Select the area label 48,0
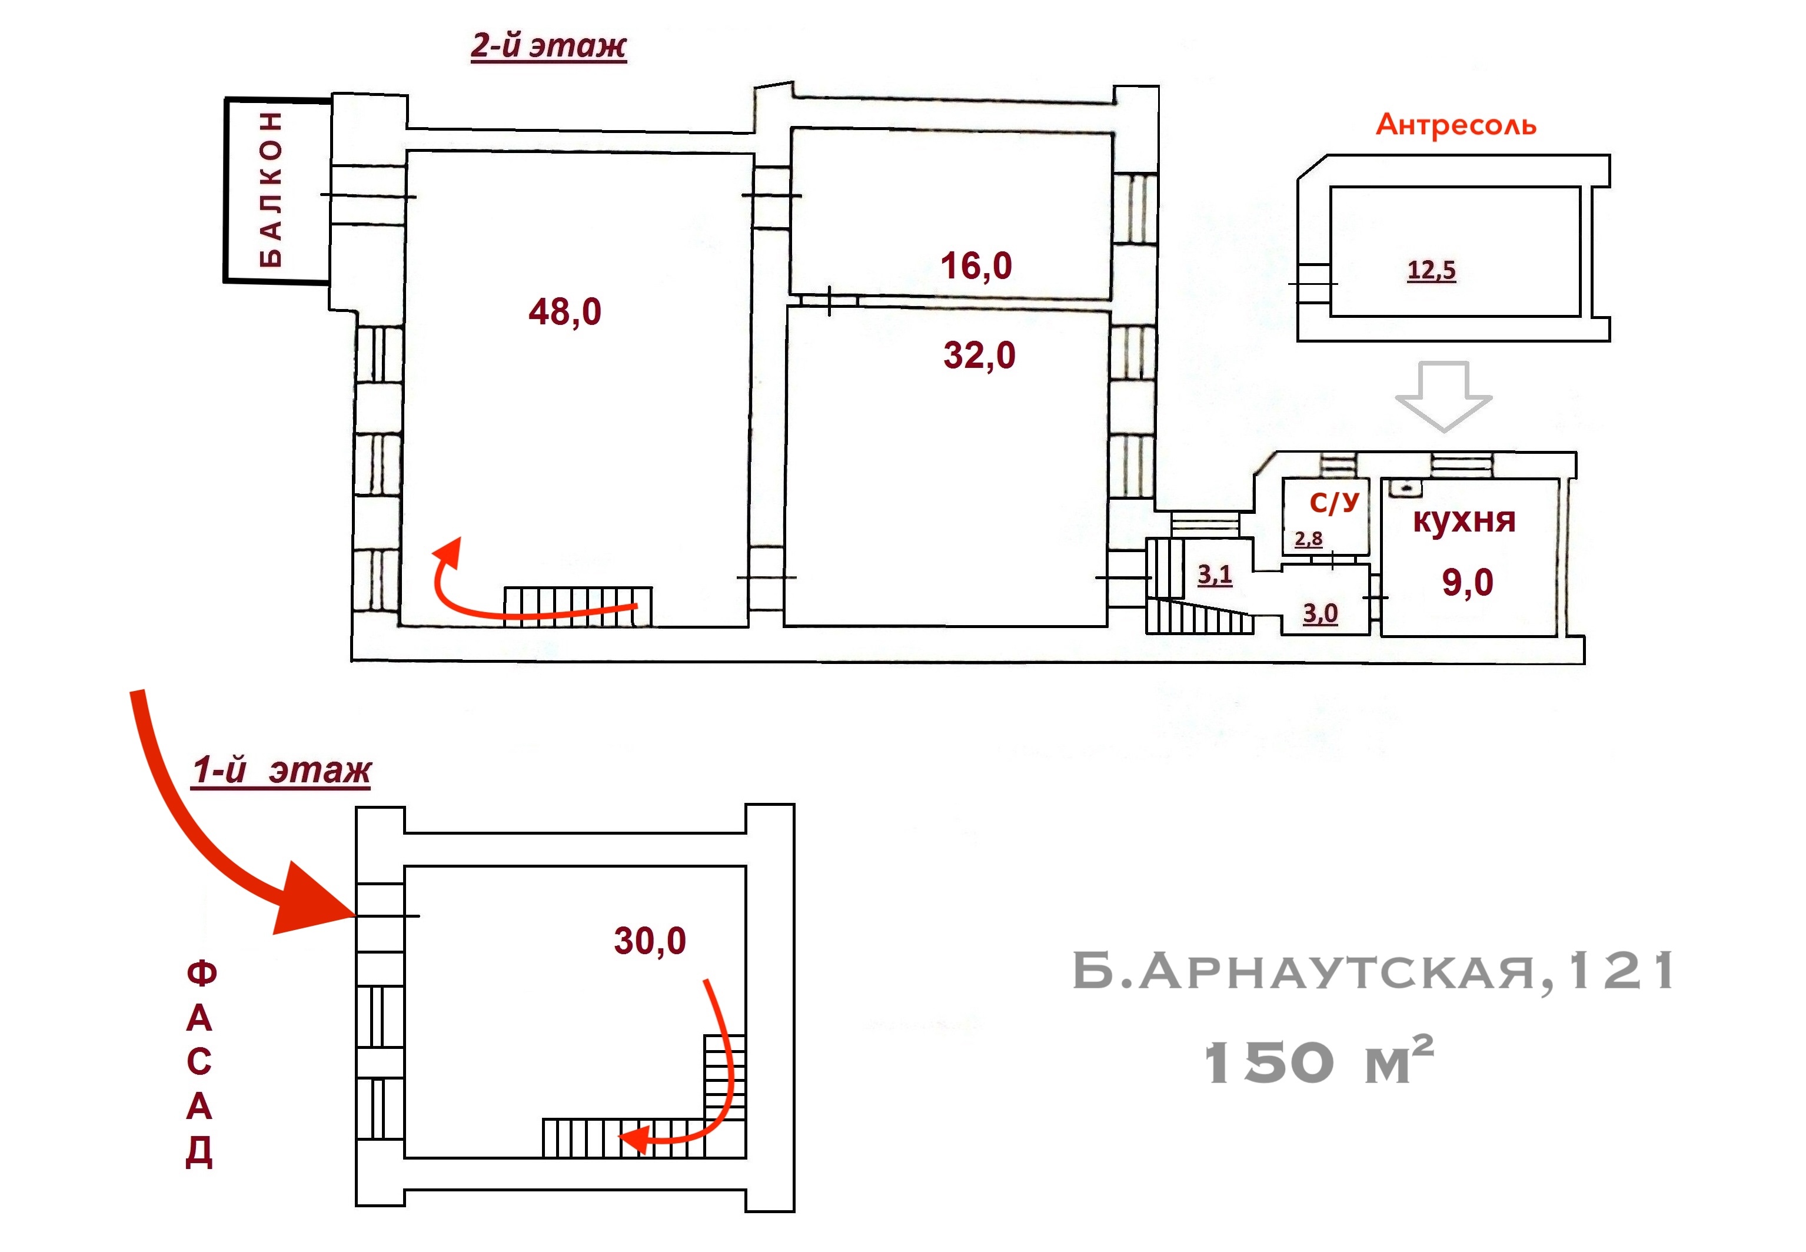coord(564,311)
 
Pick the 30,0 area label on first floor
coord(650,941)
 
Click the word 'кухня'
coord(1464,520)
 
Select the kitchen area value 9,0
coord(1467,582)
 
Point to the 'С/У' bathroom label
coord(1334,502)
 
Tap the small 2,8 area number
coord(1308,539)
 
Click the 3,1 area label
coord(1215,575)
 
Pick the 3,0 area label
coord(1321,613)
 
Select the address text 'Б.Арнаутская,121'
coord(1372,972)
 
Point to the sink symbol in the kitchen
coord(1405,489)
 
